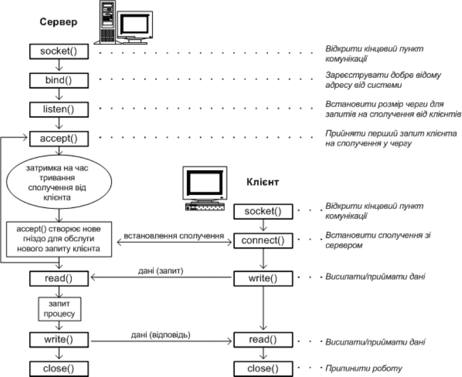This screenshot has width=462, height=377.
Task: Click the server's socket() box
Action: coord(59,52)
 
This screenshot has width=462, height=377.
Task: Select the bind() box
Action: coord(59,80)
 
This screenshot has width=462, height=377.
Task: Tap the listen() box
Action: coord(59,109)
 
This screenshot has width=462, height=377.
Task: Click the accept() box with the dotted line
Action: coord(59,138)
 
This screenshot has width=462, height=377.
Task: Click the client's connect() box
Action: coord(263,241)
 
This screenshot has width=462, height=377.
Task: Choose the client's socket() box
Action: coord(263,212)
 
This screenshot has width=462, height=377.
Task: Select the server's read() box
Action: coord(59,278)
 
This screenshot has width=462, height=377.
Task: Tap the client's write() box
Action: coord(263,278)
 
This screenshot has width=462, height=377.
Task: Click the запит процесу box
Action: coord(59,309)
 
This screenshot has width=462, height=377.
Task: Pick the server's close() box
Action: coord(59,369)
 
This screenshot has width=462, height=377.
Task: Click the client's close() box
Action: coord(263,369)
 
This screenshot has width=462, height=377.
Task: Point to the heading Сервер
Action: coord(59,22)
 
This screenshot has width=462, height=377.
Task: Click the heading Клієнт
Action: coord(263,182)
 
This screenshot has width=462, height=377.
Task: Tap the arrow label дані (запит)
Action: coord(161,271)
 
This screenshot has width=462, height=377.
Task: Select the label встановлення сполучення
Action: coord(174,236)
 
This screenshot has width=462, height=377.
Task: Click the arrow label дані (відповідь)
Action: coord(161,335)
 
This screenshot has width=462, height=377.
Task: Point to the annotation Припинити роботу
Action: coord(363,368)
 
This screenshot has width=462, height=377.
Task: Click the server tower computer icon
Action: coord(107,23)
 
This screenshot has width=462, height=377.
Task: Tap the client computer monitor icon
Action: coord(205,188)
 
